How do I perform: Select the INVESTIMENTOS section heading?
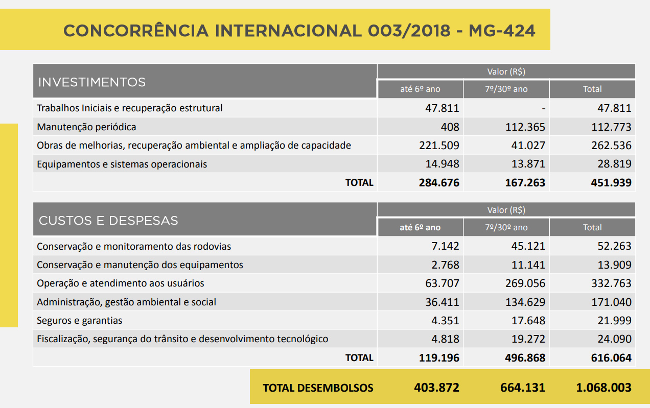(x=92, y=82)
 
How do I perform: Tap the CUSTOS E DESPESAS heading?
(x=108, y=221)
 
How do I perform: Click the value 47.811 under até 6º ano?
(x=442, y=108)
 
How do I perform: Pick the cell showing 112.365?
(x=525, y=127)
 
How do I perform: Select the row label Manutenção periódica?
(x=86, y=127)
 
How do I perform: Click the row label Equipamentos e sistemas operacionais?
(x=122, y=164)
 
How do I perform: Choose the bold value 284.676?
(x=438, y=183)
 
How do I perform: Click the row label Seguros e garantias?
(x=79, y=321)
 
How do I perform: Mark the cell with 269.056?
(x=525, y=283)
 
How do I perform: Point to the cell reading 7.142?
(x=446, y=247)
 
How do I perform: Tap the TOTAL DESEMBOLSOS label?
(x=318, y=388)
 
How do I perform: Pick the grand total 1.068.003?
(x=603, y=388)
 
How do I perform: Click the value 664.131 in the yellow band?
(x=523, y=388)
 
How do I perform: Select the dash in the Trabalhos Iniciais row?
(x=543, y=109)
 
